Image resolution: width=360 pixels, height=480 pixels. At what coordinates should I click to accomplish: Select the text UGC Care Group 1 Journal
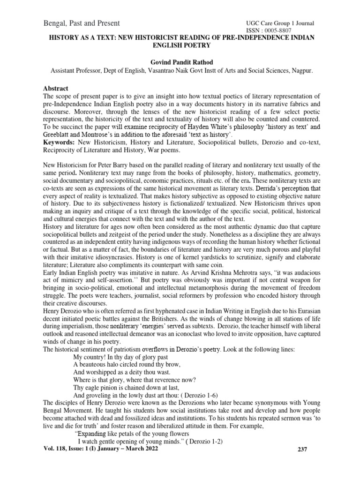pos(280,23)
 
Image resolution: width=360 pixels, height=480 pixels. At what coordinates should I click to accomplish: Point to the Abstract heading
pos(56,88)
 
